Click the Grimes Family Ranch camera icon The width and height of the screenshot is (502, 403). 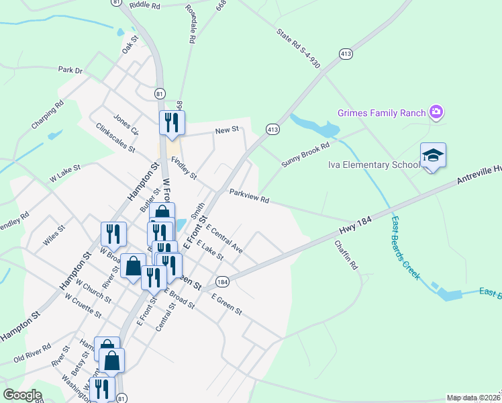436,112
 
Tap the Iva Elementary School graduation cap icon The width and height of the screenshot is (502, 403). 434,155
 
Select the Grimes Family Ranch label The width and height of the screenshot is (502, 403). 382,112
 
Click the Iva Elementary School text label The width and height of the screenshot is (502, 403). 373,165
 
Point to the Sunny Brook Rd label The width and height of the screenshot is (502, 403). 306,154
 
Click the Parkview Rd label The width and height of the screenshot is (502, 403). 249,196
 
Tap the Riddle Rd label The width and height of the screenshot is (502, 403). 145,5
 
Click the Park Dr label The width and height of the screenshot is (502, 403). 70,69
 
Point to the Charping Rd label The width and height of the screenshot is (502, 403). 47,115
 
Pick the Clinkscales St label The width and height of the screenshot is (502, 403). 115,137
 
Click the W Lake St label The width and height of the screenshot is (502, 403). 65,174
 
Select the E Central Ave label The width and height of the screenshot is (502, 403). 224,238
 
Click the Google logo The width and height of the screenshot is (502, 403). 23,395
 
